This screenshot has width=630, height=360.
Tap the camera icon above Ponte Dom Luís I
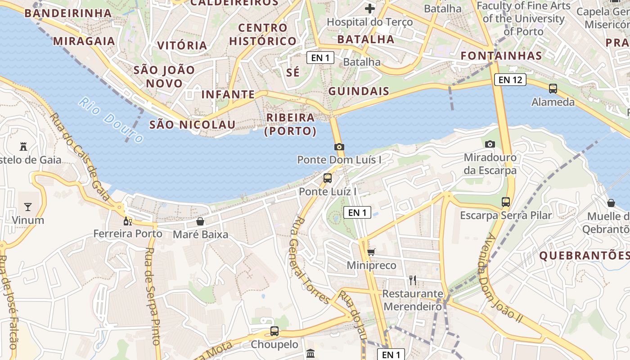(x=339, y=147)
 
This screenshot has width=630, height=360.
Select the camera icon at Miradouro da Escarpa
(x=490, y=144)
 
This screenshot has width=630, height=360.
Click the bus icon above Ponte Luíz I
(x=328, y=178)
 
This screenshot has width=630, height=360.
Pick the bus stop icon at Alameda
(x=553, y=89)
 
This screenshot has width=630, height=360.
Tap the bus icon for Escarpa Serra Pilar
(x=506, y=202)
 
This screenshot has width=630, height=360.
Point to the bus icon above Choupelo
(x=274, y=331)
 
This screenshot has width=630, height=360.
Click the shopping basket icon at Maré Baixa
(x=200, y=221)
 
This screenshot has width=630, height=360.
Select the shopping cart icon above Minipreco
(x=371, y=252)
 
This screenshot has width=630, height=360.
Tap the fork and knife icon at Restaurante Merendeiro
(x=412, y=280)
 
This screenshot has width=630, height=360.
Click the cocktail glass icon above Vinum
(x=28, y=207)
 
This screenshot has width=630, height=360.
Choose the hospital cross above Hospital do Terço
(x=369, y=9)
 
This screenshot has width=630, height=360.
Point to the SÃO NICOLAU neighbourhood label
(x=192, y=125)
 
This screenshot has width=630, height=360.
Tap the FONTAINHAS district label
(x=501, y=56)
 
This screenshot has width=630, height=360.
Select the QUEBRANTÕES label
(x=584, y=256)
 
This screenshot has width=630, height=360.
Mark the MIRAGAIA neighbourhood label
(x=84, y=41)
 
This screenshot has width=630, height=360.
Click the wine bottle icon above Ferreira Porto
(x=128, y=221)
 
